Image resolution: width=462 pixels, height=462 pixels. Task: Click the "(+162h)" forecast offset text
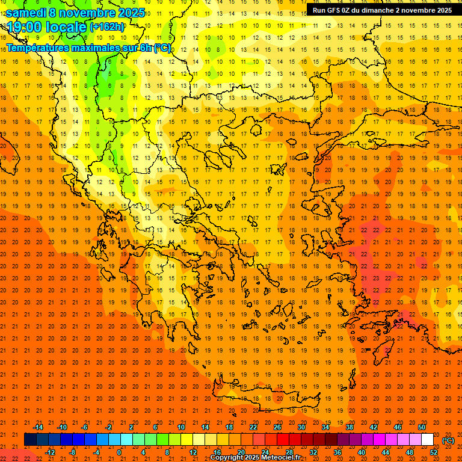coord(107,27)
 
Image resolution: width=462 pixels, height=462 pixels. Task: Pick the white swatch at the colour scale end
coord(427,439)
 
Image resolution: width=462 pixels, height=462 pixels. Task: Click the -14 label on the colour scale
coord(38,427)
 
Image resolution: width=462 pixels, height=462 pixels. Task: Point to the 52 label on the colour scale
coord(434,452)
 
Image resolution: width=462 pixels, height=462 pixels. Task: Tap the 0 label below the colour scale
coord(119,452)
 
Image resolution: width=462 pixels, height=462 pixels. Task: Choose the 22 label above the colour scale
coord(253,427)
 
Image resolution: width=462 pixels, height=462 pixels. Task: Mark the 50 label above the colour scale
coord(422,427)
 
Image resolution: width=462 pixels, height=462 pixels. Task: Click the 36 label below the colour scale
coord(337,452)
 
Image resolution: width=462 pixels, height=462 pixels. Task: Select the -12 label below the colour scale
coord(50,452)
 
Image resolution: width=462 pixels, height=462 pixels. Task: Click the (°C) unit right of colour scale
coord(448,440)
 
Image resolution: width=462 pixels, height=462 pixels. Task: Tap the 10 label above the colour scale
coord(181,427)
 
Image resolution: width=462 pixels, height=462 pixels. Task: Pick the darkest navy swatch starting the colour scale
coord(30,439)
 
